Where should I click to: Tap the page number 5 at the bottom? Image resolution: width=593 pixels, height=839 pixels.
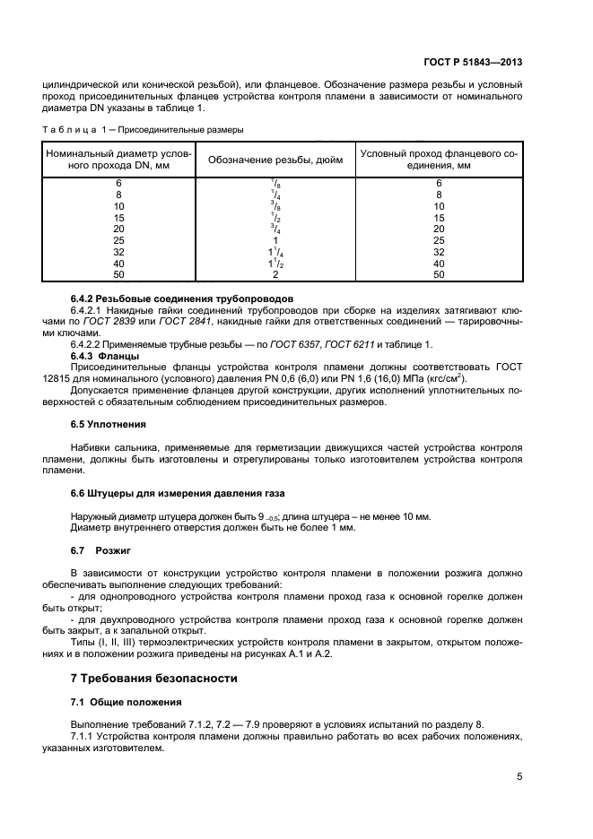coord(519,777)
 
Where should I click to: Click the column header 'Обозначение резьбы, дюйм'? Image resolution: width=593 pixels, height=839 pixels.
coord(274,160)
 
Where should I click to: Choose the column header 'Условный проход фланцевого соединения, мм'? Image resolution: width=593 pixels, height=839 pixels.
coord(439,160)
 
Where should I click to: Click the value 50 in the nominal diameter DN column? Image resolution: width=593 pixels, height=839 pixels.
coord(118,274)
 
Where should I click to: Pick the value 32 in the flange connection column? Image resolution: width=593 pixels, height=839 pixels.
coord(439,252)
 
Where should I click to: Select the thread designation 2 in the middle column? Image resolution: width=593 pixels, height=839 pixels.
coord(274,274)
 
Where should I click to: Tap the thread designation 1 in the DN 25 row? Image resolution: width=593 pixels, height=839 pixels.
coord(274,240)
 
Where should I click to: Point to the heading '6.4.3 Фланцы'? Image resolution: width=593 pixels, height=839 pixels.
coord(104,355)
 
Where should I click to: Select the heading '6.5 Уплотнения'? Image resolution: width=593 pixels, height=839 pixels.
coord(108,424)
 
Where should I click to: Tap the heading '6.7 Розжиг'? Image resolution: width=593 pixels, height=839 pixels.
coord(100,549)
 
